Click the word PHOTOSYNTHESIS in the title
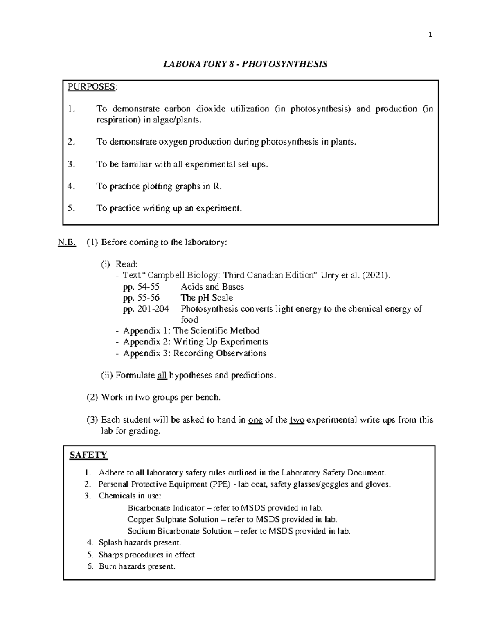click(x=288, y=64)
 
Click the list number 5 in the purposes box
click(x=72, y=208)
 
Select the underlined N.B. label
click(x=67, y=242)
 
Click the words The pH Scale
click(x=207, y=298)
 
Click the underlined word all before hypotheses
click(x=162, y=376)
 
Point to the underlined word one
click(x=255, y=420)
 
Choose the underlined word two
click(x=297, y=420)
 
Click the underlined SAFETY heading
click(x=88, y=455)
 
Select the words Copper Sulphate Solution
click(x=173, y=520)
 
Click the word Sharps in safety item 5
click(x=110, y=555)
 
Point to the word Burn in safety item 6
click(x=107, y=567)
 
